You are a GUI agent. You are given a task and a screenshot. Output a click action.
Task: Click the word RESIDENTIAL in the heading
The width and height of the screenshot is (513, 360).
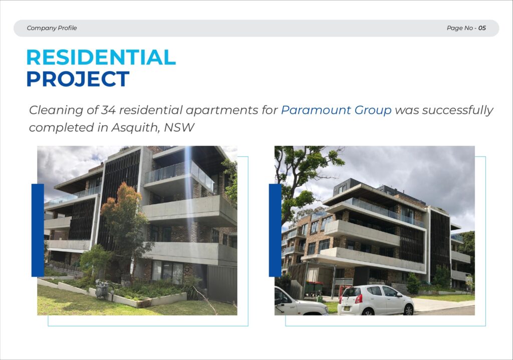coord(101,57)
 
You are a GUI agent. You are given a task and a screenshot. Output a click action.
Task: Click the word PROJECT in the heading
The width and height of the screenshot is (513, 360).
coord(78,79)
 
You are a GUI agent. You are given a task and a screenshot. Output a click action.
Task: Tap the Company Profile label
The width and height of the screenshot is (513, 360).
coord(52,28)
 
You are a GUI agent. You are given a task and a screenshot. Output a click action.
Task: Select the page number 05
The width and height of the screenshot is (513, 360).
coord(482,28)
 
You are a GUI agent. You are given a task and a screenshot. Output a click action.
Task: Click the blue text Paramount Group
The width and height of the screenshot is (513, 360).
coord(336,110)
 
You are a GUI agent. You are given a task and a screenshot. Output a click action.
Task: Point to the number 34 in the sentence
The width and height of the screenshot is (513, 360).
coord(108,110)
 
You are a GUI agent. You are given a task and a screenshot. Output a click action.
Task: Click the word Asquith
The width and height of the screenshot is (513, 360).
coord(135,128)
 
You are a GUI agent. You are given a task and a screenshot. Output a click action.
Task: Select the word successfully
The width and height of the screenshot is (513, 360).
coord(457,110)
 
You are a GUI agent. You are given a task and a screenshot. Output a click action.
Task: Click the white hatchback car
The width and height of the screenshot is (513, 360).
coord(376,300)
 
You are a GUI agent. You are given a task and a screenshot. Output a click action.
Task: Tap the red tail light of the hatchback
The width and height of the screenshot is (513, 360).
coord(359,299)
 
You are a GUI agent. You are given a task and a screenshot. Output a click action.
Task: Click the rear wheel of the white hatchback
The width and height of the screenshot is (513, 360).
coord(408,309)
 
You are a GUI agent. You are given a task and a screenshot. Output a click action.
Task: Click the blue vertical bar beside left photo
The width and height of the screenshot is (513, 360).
coord(38,230)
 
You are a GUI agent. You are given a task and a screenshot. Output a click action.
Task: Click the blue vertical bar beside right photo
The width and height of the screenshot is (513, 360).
coord(275,230)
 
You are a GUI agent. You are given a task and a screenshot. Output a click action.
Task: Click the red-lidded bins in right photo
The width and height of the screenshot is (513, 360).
coord(314,288)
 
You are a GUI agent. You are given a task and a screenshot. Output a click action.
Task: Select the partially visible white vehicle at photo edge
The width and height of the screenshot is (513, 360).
coord(300,302)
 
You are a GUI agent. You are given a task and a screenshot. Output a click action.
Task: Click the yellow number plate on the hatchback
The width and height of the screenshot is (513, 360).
coord(347,308)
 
